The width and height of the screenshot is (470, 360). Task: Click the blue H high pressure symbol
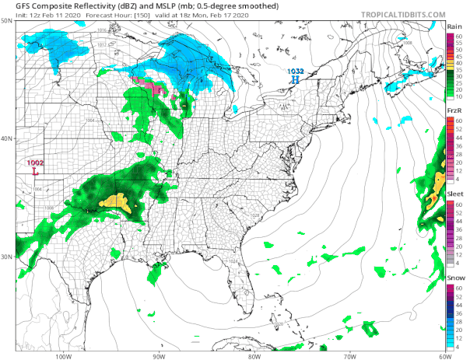(295, 80)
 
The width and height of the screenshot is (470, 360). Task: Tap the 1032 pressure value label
(294, 72)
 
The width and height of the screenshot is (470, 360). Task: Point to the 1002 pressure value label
(36, 163)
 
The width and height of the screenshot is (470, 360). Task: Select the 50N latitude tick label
(7, 20)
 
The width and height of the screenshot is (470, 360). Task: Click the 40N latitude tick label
(7, 138)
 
